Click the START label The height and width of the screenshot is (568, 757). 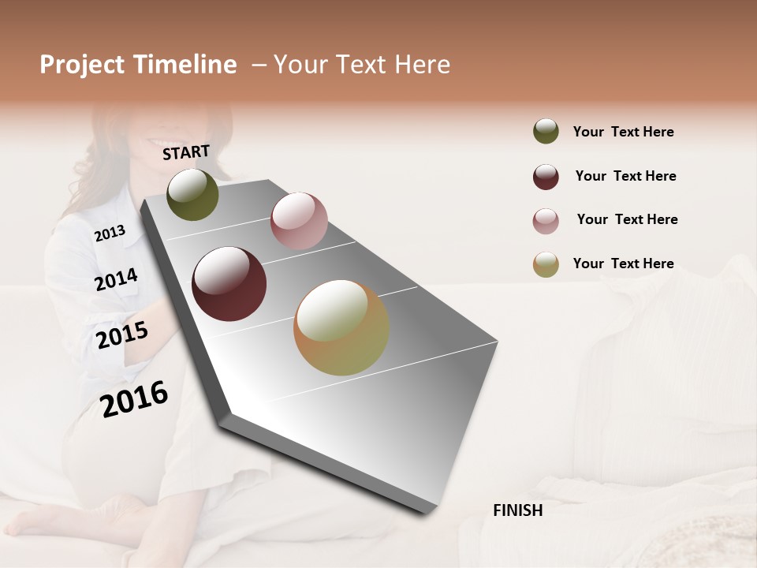click(186, 152)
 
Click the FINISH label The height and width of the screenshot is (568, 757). click(517, 510)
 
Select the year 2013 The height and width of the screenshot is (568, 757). click(110, 233)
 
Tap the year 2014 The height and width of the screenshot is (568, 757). click(116, 279)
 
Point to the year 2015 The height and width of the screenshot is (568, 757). click(122, 335)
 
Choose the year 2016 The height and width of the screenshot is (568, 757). click(134, 398)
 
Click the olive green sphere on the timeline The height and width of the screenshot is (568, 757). click(192, 194)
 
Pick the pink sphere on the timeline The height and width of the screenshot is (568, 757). click(299, 220)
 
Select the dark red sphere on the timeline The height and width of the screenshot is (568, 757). click(229, 284)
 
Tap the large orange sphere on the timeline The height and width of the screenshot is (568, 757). click(341, 327)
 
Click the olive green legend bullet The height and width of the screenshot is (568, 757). click(546, 132)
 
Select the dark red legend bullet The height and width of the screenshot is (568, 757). click(546, 177)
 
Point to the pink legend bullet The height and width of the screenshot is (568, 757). click(546, 221)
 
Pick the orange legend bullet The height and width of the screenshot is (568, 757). click(546, 264)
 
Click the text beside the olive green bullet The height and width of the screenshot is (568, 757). click(623, 132)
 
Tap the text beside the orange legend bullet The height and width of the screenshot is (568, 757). click(623, 263)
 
